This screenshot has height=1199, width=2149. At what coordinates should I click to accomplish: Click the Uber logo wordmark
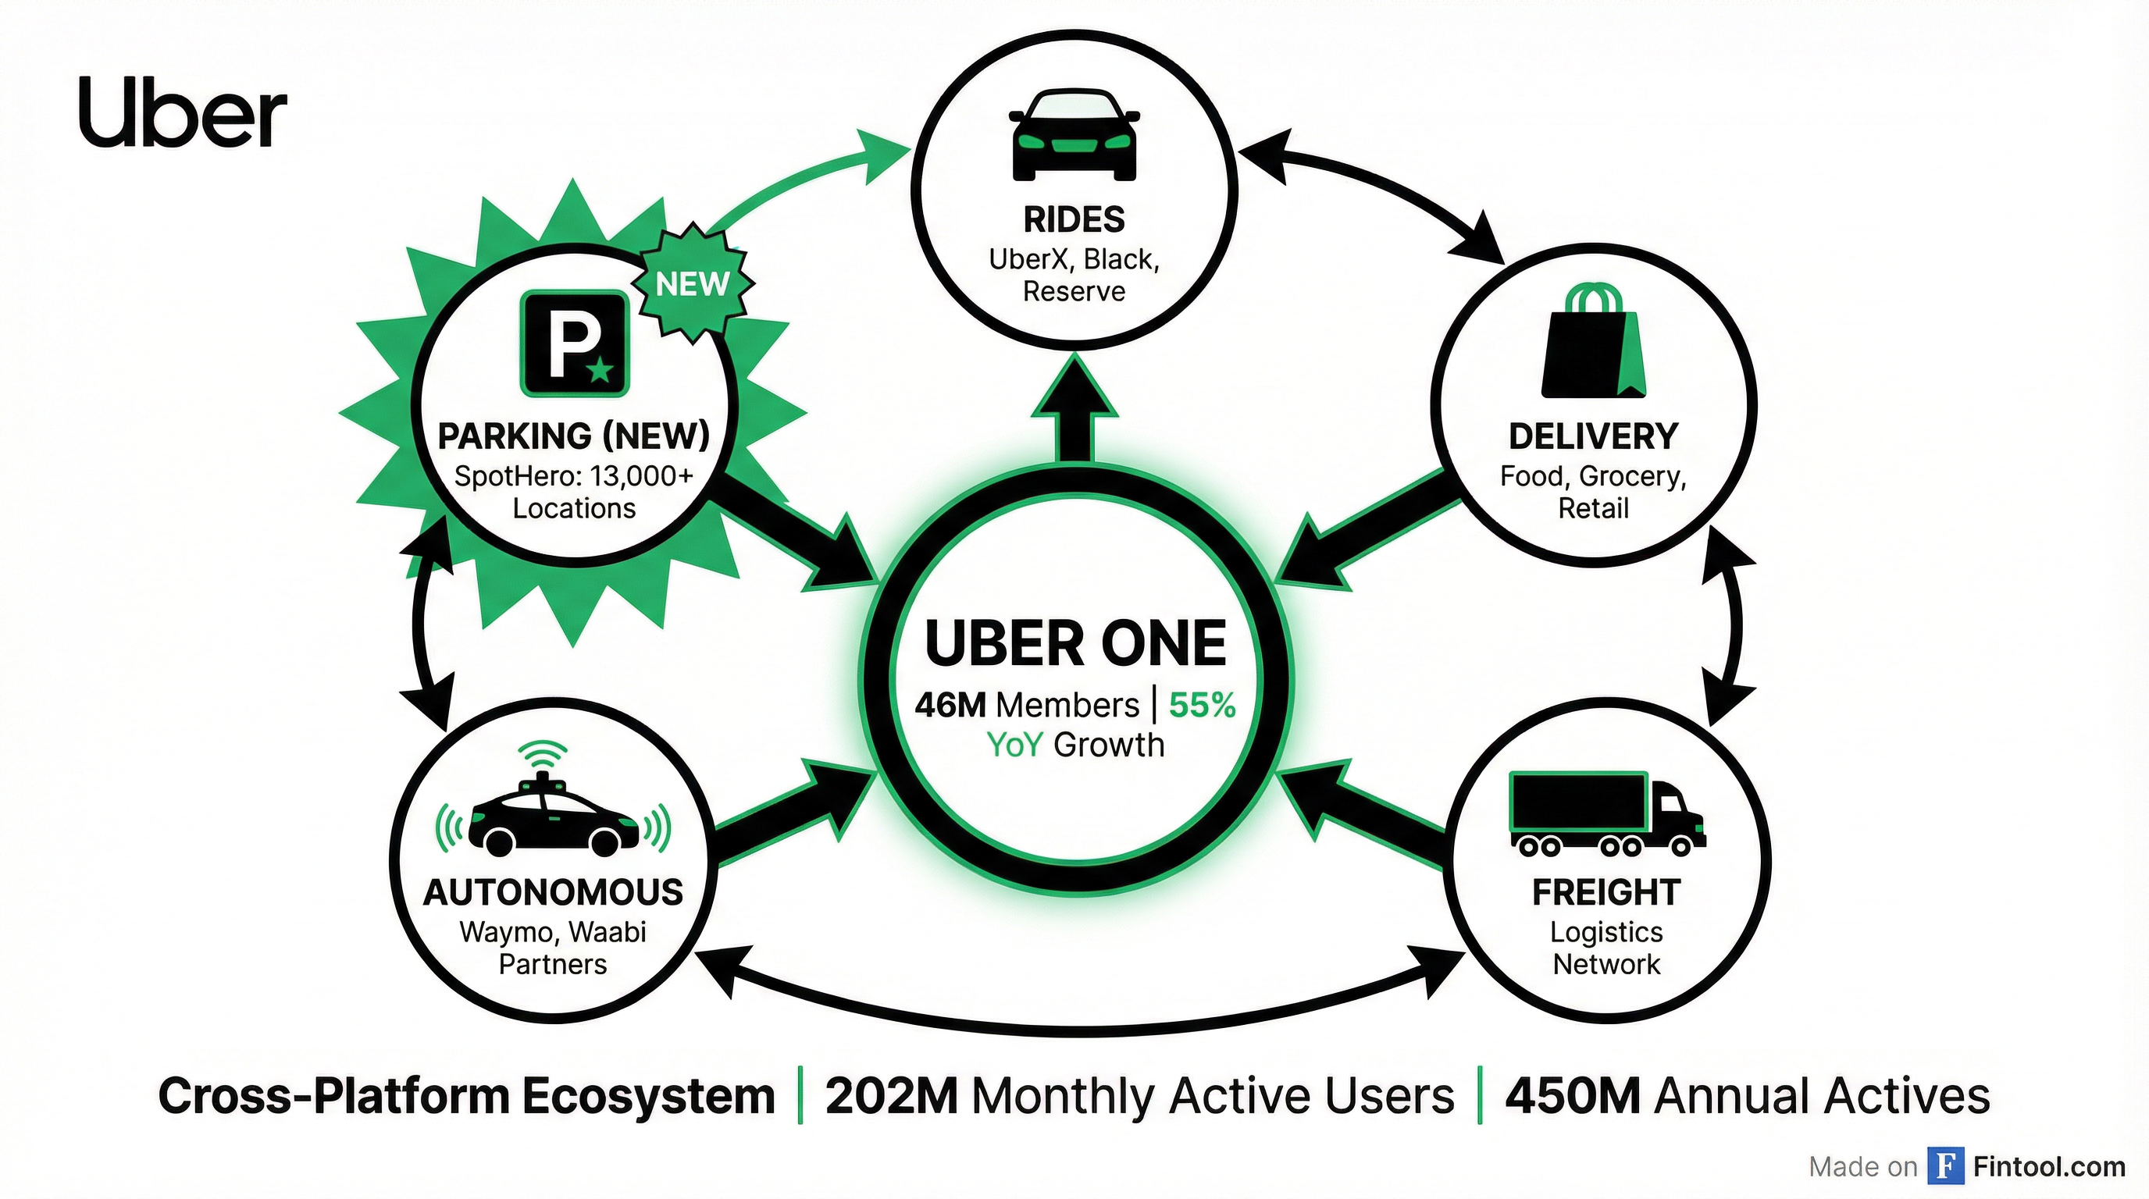(183, 115)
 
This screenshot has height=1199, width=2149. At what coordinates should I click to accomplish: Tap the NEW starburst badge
(693, 284)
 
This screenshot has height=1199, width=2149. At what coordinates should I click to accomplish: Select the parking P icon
(575, 343)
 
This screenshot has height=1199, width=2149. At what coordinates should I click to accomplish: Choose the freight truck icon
(1606, 815)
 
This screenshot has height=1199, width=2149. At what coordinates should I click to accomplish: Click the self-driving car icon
(553, 810)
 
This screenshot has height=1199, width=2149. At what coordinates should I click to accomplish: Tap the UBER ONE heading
(1075, 644)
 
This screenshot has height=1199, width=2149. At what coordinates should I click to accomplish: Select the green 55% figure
(1201, 706)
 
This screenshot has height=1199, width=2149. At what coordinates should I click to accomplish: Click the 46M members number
(950, 706)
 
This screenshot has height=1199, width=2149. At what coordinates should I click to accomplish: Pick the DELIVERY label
(1592, 436)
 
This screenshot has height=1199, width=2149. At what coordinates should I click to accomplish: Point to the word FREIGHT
(1606, 892)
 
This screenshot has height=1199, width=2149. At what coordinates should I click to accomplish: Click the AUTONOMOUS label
(553, 892)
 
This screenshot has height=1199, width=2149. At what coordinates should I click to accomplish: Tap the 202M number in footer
(891, 1096)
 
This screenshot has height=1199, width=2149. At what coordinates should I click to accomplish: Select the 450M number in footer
(1573, 1096)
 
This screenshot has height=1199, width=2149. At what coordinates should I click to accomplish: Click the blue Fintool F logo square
(1945, 1166)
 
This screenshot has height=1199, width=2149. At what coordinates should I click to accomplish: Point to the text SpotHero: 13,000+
(574, 476)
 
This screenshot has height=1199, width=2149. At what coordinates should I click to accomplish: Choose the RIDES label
(1074, 220)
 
